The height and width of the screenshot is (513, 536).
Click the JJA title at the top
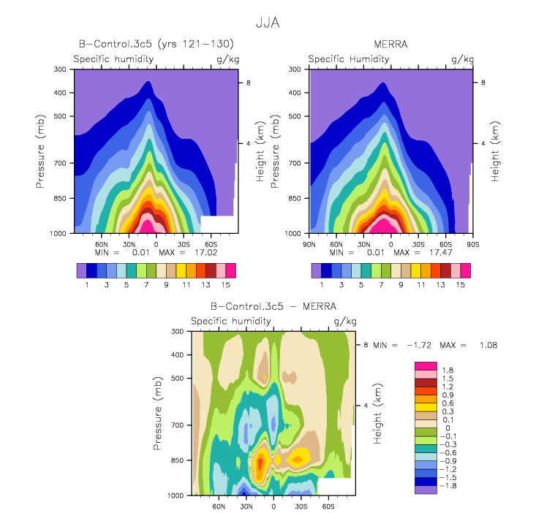coord(268,23)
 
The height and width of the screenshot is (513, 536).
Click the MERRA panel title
coord(390,44)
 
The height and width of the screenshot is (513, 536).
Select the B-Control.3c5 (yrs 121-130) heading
coord(156,44)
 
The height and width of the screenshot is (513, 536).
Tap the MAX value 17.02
coord(205,252)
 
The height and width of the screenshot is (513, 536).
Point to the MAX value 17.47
coord(441,252)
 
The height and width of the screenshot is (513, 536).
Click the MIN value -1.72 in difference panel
coord(419,345)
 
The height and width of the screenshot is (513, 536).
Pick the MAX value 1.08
coord(488,345)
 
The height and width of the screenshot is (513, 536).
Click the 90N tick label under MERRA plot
coord(309,245)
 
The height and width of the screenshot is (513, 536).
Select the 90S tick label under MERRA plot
coord(473,245)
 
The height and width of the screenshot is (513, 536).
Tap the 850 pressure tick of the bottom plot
coord(178,460)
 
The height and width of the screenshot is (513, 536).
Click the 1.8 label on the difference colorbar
coord(448,370)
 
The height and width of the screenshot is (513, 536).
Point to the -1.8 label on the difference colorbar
coord(448,486)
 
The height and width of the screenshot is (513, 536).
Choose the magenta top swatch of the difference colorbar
coord(426,366)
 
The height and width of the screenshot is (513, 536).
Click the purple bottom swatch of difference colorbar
coord(426,490)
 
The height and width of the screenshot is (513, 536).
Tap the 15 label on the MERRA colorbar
coord(460,285)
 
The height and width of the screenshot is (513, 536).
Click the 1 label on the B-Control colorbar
coord(87,285)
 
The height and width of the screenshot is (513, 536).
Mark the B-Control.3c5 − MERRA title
coord(273,306)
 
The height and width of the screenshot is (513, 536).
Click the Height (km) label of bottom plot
coord(377,414)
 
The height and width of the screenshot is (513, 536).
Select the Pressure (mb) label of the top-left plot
coord(40,151)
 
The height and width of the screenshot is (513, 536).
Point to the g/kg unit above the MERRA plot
coord(462,59)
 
